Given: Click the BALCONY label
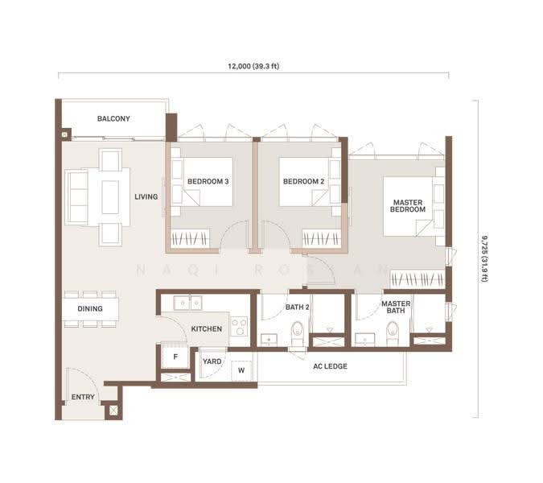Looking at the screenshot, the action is point(113,118).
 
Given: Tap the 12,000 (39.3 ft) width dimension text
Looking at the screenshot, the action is point(253,66).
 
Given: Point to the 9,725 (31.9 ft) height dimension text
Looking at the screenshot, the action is point(484,258).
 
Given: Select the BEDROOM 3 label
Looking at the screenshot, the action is point(208,181).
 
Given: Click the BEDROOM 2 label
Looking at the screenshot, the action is point(304,181).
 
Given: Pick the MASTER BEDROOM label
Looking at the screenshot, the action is point(408,206).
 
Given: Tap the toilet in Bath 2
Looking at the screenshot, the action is point(298,333).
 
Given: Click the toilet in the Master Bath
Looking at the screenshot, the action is point(393,333).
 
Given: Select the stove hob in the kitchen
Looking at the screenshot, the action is point(239,326).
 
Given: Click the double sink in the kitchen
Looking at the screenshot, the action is point(188,303).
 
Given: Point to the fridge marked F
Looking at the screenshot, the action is point(175,356).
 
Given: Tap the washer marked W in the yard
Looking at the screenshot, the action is point(241,370).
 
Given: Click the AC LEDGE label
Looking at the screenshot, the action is point(330,366).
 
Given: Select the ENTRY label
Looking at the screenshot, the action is point(83,397).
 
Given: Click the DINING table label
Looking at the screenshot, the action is point(90,308).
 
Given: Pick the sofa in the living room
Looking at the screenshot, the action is point(76,197).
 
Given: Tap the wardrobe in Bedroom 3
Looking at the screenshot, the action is point(190,238).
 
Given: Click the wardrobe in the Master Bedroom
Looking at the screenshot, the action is point(418,279).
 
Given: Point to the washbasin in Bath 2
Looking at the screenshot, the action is point(269,340).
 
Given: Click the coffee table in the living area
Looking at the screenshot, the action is point(110,197).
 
